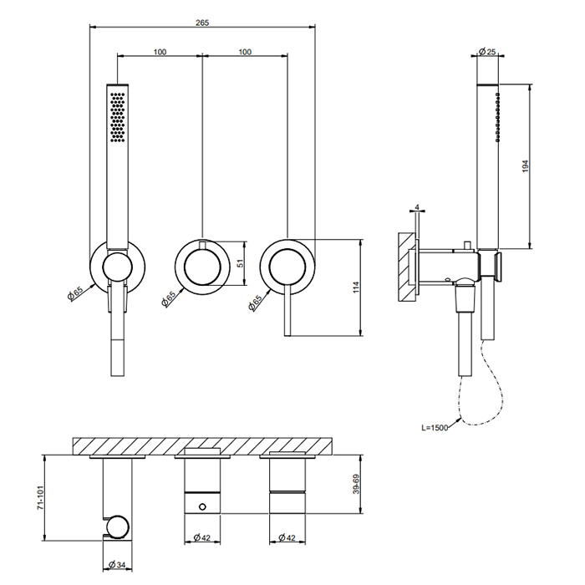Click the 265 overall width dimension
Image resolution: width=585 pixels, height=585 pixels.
pos(202,23)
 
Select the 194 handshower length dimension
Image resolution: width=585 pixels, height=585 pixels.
pos(526,166)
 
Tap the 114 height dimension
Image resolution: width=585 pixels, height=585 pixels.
pos(356,287)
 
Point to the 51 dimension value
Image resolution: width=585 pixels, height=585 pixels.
pos(241,262)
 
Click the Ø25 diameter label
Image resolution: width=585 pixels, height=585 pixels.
pos(487,51)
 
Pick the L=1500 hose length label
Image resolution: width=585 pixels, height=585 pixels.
pos(435,428)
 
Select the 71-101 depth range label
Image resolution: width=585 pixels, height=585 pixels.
pos(41,498)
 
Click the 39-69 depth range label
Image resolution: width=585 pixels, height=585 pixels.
pos(356,484)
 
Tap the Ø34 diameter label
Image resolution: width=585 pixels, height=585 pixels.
pos(117,565)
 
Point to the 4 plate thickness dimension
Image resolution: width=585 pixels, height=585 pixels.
pos(417,207)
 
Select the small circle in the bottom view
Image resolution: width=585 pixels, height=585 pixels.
pos(202,506)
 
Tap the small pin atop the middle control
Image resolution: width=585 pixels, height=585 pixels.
pos(202,245)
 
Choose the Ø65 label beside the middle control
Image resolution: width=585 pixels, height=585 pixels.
pos(169,299)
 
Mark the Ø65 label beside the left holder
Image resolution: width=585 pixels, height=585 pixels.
pos(75,293)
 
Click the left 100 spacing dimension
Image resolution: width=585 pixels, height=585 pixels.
pos(160,52)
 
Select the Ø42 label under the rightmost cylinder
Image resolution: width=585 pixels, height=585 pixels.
pos(287,537)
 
